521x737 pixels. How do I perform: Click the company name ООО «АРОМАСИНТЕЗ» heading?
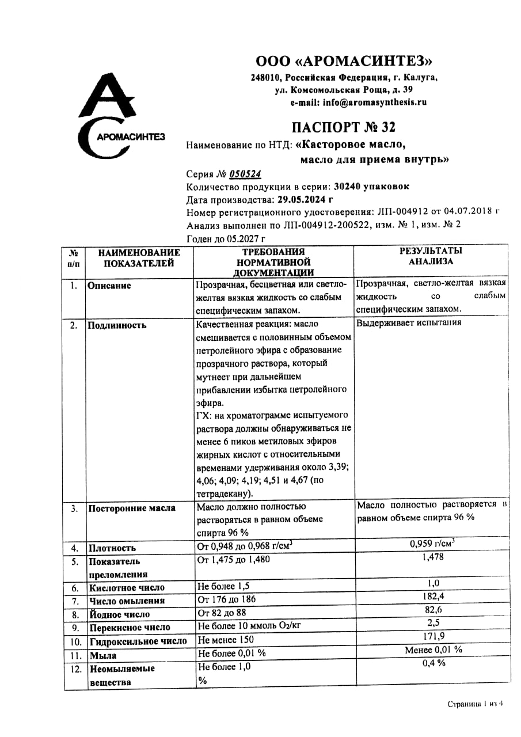344,61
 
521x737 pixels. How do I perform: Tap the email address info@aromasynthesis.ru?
358,102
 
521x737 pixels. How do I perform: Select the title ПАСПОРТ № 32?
343,127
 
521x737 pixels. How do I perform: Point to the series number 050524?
245,174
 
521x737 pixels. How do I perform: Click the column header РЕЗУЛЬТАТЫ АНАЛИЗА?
431,256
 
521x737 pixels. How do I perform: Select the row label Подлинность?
117,325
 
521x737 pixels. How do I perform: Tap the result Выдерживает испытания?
409,322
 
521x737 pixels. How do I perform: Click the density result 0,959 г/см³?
432,542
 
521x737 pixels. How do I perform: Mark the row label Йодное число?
119,614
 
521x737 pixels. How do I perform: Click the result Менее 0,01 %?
433,650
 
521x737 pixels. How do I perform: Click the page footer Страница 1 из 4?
476,704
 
